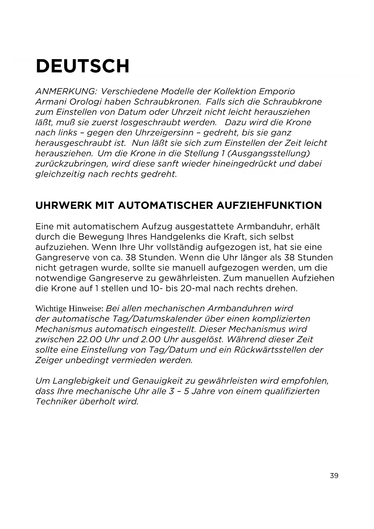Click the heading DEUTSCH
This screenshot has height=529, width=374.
(83, 66)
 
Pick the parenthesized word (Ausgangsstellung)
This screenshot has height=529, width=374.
(269, 153)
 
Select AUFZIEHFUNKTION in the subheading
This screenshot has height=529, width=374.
(269, 206)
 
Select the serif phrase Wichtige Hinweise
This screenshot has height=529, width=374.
(69, 309)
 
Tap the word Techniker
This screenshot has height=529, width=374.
(56, 402)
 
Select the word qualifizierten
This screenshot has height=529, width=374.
(292, 391)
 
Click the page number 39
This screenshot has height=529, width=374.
(334, 476)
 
